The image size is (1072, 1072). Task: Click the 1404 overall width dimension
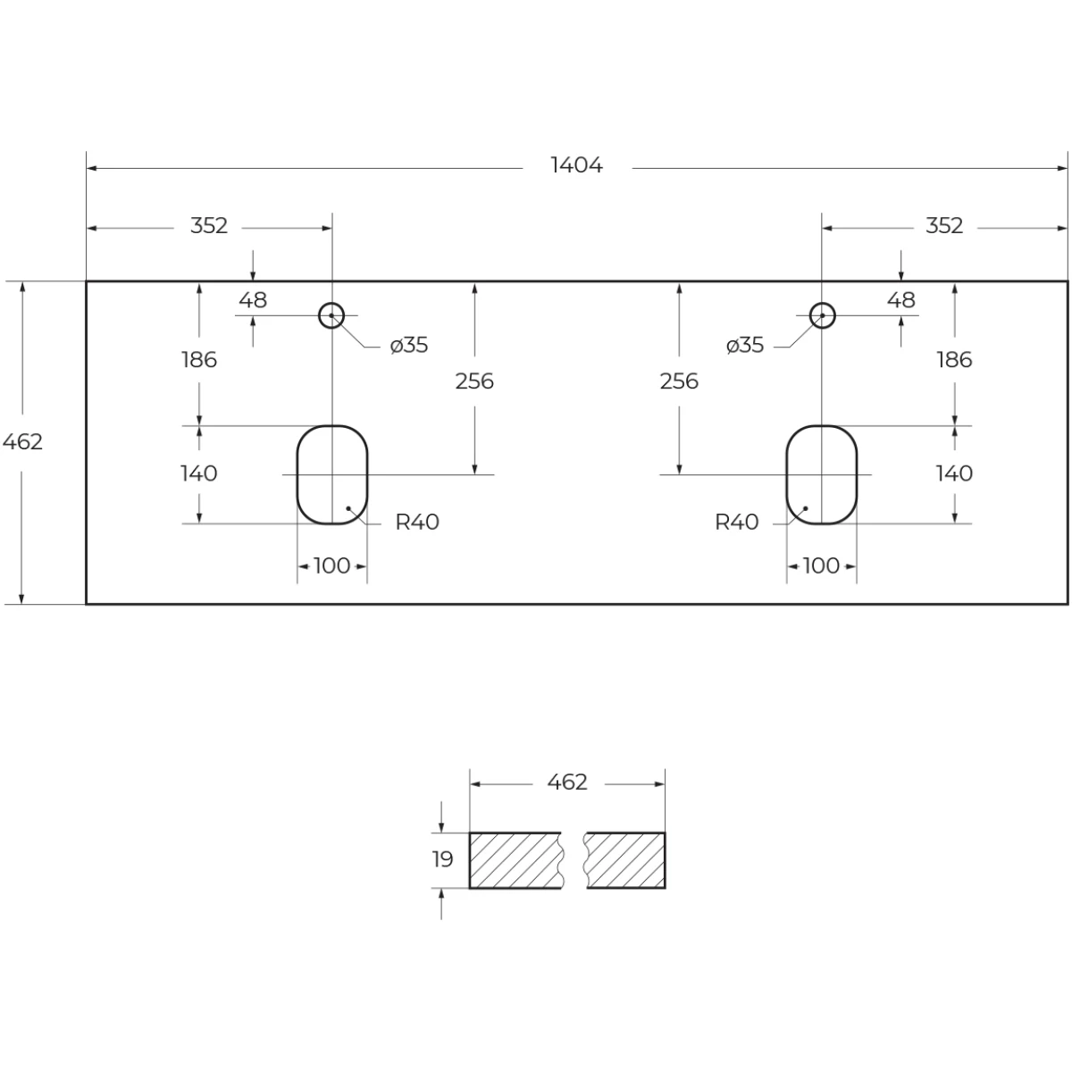576,165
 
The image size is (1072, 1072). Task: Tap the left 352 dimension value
209,226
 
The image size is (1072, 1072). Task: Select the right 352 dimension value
944,226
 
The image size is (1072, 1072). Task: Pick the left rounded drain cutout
297,474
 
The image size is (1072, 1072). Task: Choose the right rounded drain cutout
787,474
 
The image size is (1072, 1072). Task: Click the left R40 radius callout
417,522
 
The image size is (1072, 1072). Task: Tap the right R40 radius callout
736,522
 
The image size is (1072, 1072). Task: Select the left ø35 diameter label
409,345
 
